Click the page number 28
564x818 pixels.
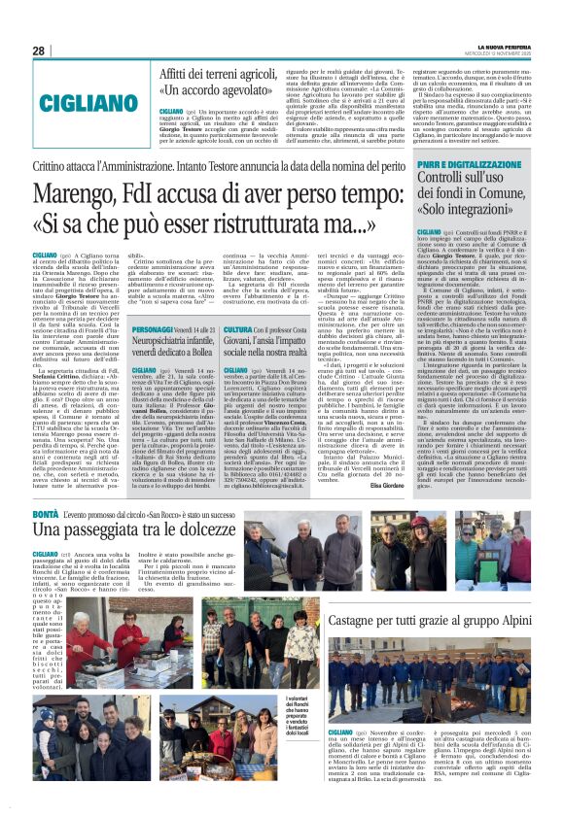pos(39,51)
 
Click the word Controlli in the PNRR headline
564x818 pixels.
pos(450,182)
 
